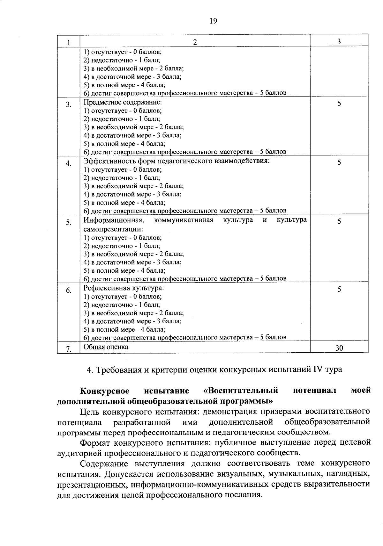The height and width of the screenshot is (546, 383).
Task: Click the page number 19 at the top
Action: tap(213, 21)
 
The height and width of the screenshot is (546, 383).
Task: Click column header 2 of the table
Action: tap(195, 42)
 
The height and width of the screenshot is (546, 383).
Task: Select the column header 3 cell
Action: tap(339, 41)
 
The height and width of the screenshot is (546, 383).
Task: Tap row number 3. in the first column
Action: tap(69, 105)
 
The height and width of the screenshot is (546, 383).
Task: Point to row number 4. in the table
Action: tap(69, 164)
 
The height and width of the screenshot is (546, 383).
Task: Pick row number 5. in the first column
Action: tap(69, 223)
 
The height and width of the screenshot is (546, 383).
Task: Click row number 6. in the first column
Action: tap(69, 291)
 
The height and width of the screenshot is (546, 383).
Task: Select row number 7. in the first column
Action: tap(69, 349)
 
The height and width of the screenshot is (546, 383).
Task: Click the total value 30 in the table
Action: tap(339, 348)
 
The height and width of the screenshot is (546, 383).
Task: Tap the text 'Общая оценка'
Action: tap(106, 347)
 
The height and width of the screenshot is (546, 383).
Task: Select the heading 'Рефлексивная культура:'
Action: tap(124, 288)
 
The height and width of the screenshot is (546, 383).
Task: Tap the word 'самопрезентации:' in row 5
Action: tap(113, 229)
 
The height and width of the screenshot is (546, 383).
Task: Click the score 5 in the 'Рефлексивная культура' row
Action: tap(339, 289)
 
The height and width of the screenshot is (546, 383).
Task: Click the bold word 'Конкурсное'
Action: tap(105, 391)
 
